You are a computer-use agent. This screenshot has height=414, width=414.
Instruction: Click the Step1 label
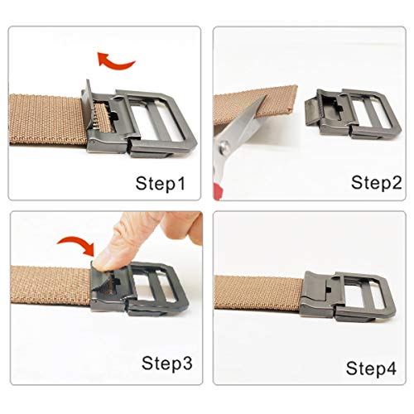point(161,183)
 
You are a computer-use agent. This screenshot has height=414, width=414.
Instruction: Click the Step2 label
point(377,182)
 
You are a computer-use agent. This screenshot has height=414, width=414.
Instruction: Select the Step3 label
point(166,363)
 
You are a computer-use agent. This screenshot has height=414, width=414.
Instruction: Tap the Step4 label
point(371,368)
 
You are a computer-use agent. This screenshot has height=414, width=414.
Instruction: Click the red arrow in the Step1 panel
point(114,62)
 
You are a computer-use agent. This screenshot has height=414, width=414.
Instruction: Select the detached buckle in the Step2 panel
point(353,114)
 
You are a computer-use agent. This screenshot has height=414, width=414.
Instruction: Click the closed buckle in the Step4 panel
point(348,296)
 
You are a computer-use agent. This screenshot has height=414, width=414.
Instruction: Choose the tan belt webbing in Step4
point(258,292)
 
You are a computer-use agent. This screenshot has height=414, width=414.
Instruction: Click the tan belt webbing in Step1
point(47,119)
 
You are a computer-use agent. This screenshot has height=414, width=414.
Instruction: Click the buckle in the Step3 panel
point(139,289)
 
